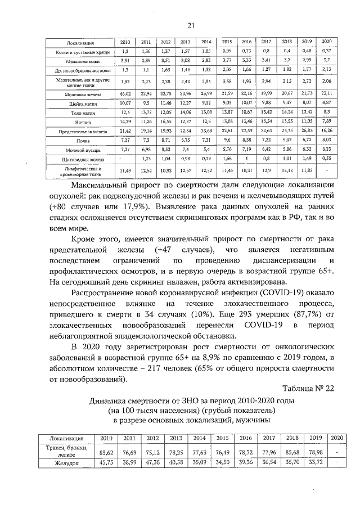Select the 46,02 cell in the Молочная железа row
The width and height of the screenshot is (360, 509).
pyautogui.click(x=125, y=92)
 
